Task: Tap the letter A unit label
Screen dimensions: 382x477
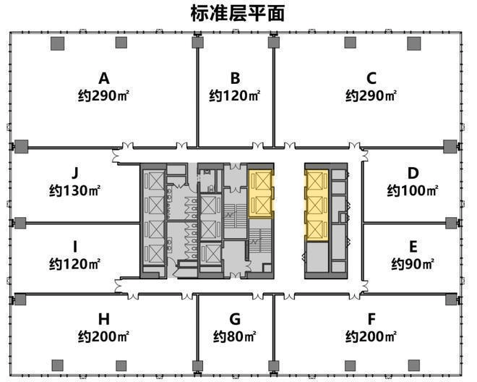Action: (x=104, y=78)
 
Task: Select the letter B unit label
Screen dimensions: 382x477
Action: (x=235, y=78)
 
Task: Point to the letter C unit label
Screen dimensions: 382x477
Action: (x=371, y=78)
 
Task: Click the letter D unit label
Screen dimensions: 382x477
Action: (x=413, y=173)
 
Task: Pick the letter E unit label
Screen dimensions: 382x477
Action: (x=413, y=245)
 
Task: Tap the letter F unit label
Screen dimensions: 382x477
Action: (x=371, y=318)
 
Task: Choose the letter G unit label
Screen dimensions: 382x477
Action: (x=235, y=318)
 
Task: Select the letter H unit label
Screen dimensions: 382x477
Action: (x=104, y=318)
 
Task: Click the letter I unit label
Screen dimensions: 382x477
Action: (x=74, y=245)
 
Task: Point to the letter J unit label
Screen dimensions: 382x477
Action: (x=74, y=173)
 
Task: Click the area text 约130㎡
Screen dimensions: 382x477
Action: (x=74, y=191)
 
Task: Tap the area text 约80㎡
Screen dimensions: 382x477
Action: (x=235, y=336)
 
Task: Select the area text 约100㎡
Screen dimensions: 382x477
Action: (x=413, y=191)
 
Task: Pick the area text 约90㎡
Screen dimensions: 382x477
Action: (x=413, y=263)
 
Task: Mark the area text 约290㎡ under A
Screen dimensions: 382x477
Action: (x=104, y=96)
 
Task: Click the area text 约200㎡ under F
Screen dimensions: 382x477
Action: (x=371, y=336)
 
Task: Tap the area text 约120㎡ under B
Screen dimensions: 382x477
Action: (x=235, y=96)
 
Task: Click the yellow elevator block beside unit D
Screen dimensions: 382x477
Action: (x=317, y=205)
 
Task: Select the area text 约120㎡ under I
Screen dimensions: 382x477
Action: (x=74, y=263)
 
